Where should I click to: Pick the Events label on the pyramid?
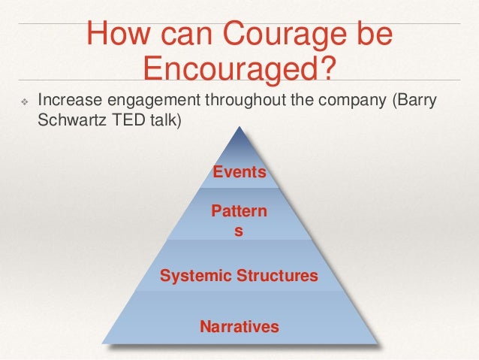tap(239, 172)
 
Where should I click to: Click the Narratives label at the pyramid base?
tap(239, 326)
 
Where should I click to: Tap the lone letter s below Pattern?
tap(239, 231)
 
